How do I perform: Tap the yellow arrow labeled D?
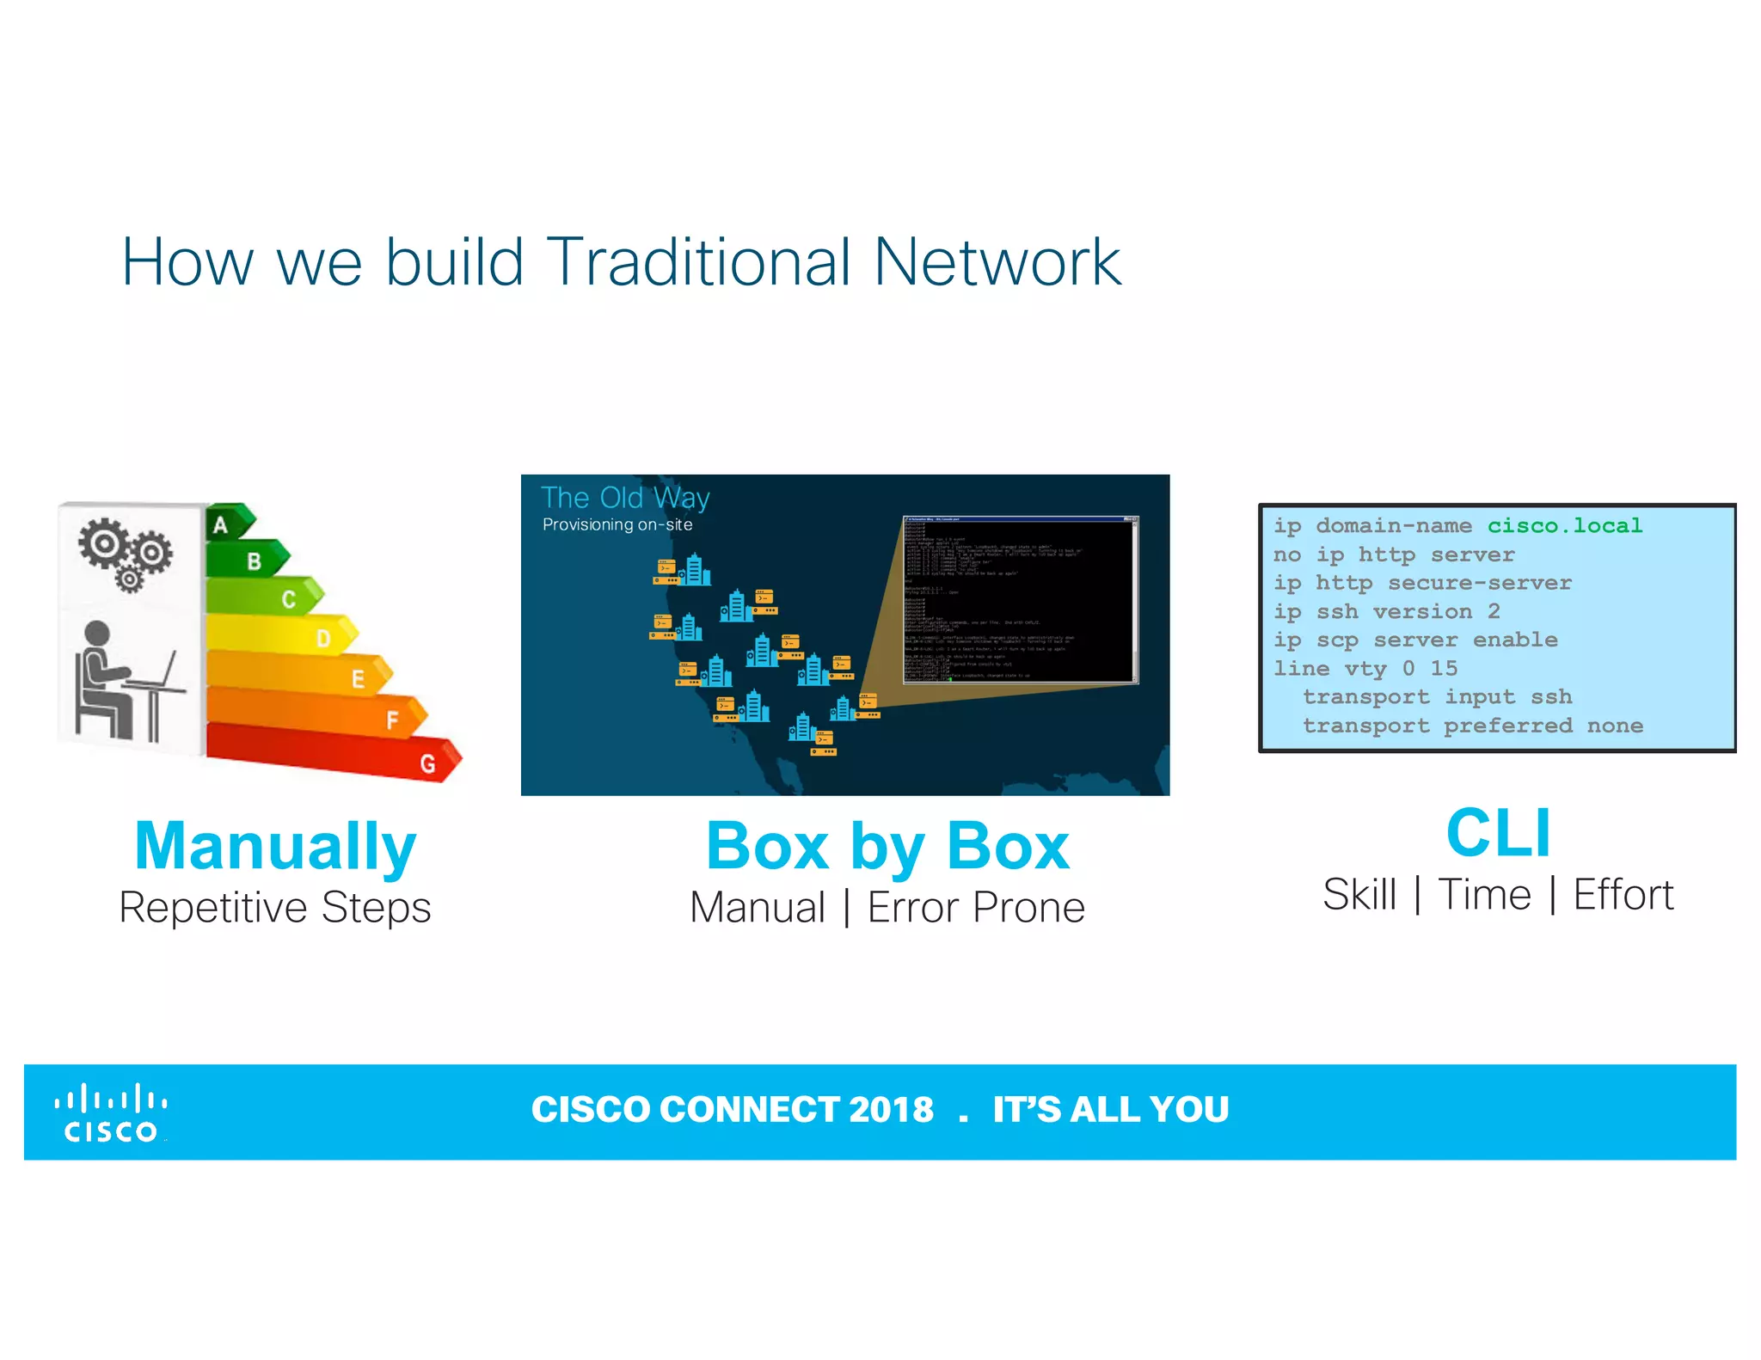coord(284,636)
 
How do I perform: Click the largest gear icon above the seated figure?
coord(103,543)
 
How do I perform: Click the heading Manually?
coord(275,846)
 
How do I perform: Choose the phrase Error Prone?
coord(976,908)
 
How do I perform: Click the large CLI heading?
coord(1498,833)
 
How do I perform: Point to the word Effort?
coord(1623,895)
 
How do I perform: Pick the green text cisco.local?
coord(1564,525)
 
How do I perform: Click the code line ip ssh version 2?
coord(1386,611)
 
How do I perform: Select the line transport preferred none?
coord(1472,726)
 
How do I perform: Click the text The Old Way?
coord(625,498)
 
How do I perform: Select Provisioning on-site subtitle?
coord(617,524)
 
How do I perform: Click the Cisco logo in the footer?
coord(111,1113)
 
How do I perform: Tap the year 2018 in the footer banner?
coord(891,1110)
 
